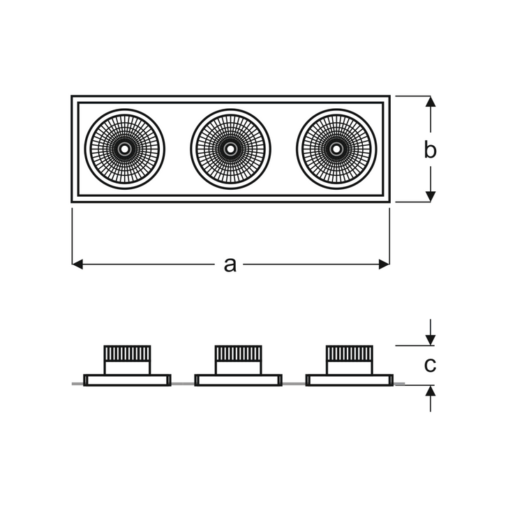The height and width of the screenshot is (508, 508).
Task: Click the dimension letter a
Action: point(230,264)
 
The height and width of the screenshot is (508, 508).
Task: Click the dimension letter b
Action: point(431,150)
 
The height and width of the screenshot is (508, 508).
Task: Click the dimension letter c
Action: point(431,366)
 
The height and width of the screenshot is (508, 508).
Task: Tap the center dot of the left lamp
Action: point(124,149)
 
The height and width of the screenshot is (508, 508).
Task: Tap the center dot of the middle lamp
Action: point(230,149)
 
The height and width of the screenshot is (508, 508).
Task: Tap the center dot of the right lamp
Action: point(336,149)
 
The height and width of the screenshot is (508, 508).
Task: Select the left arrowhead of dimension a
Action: point(77,264)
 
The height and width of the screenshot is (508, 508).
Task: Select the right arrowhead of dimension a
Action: point(384,264)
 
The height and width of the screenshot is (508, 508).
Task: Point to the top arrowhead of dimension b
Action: point(431,101)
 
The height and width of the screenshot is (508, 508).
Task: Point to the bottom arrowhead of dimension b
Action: point(431,196)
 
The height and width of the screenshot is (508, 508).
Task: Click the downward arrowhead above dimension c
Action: point(431,341)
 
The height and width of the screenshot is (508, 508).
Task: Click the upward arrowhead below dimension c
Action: point(431,391)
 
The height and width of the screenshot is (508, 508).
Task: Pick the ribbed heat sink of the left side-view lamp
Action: point(127,354)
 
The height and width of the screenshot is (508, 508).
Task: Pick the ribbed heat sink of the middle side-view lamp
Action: point(238,354)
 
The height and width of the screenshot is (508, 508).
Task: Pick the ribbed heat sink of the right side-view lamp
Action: point(349,354)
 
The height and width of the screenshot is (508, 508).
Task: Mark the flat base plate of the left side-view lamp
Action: point(127,380)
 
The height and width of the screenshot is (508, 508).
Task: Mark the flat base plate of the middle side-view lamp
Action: point(238,380)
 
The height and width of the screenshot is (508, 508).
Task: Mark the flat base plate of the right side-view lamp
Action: point(349,380)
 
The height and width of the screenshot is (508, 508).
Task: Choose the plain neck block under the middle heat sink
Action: point(238,368)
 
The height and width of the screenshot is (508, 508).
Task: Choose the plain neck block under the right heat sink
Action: point(349,368)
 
